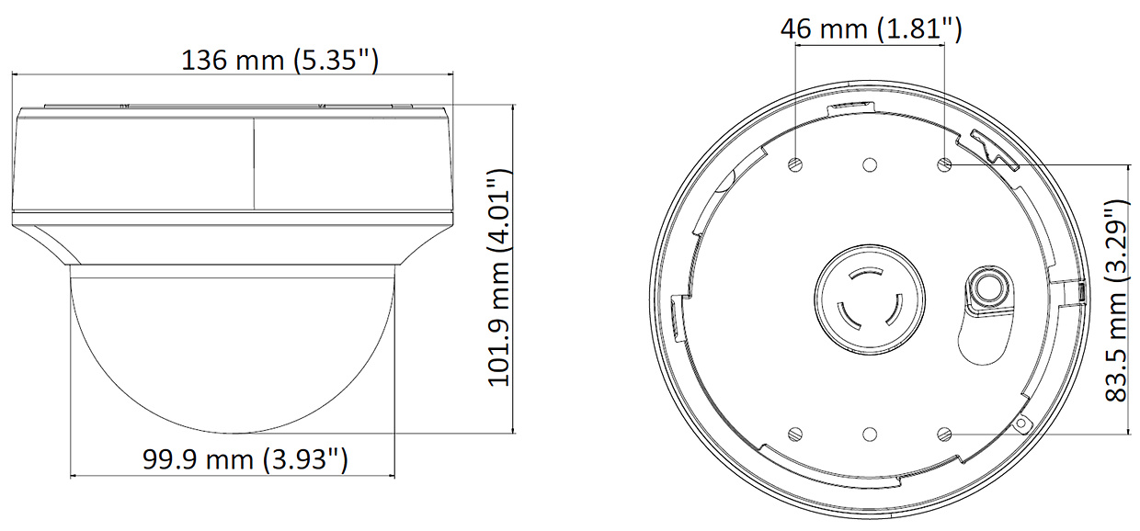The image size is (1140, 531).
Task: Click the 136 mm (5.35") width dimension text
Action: [279, 61]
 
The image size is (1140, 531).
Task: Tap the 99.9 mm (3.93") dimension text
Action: [245, 459]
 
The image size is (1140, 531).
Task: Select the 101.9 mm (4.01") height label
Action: [498, 277]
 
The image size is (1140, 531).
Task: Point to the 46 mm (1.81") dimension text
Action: [872, 29]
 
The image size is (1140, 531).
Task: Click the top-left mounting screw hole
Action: [795, 164]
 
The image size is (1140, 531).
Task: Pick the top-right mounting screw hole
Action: [944, 164]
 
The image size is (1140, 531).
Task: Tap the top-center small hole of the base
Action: [870, 164]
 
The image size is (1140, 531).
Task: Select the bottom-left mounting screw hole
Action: [795, 434]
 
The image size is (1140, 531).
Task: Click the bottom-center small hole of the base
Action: [870, 435]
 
